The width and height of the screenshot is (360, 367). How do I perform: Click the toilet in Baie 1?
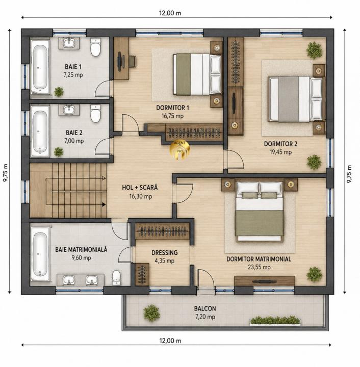tap(95, 47)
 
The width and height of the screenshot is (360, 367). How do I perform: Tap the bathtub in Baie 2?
tap(40, 131)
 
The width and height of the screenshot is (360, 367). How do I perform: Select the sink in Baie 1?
tap(69, 43)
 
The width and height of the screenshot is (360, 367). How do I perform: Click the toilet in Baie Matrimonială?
tap(116, 278)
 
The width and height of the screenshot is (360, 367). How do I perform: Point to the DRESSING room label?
tap(165, 252)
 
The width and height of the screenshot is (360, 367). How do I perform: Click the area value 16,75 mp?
tap(172, 116)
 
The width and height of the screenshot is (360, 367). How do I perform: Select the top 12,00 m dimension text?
tap(170, 13)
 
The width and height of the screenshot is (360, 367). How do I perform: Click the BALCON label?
tap(205, 308)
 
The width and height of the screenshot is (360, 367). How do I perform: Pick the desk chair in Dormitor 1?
tap(132, 61)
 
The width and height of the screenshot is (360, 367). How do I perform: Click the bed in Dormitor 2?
tap(296, 99)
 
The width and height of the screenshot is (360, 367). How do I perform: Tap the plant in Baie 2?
tap(59, 152)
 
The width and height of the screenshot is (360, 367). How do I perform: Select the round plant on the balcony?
tap(151, 313)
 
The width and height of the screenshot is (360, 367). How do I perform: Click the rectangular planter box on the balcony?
tap(275, 321)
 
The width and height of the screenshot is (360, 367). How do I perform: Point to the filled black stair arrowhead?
tap(104, 204)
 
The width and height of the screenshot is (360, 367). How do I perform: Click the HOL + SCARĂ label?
tap(140, 188)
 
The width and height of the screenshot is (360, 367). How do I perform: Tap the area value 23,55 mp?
tap(259, 267)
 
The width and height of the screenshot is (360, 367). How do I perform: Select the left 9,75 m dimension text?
tap(5, 172)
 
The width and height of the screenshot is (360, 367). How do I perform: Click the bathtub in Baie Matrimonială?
tap(40, 254)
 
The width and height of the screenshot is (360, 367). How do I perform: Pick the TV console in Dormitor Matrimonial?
tap(265, 281)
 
